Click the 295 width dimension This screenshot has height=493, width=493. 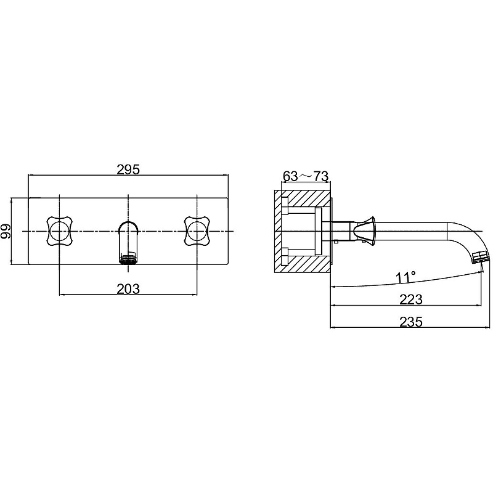click(128, 170)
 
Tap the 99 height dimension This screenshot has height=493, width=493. click(6, 231)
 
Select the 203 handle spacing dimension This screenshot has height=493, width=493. click(128, 288)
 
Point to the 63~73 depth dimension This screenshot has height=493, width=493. click(306, 176)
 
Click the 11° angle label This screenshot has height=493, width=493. click(405, 278)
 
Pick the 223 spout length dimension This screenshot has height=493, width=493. click(410, 299)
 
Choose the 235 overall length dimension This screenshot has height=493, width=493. click(411, 322)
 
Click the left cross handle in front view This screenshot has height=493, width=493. click(59, 230)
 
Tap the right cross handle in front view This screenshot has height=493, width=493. click(197, 230)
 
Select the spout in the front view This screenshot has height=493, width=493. click(128, 242)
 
